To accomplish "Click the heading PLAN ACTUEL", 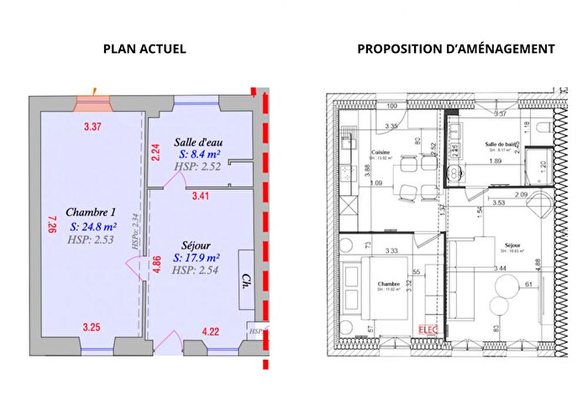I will click(x=144, y=49).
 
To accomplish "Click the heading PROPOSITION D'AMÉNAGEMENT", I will click(x=455, y=49).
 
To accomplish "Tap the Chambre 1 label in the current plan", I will click(x=90, y=212).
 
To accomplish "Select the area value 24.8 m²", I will click(x=92, y=226).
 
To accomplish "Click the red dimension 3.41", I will click(x=202, y=197).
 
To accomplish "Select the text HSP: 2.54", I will click(x=197, y=271).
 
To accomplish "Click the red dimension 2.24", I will click(x=155, y=151).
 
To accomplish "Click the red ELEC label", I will click(x=428, y=329).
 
